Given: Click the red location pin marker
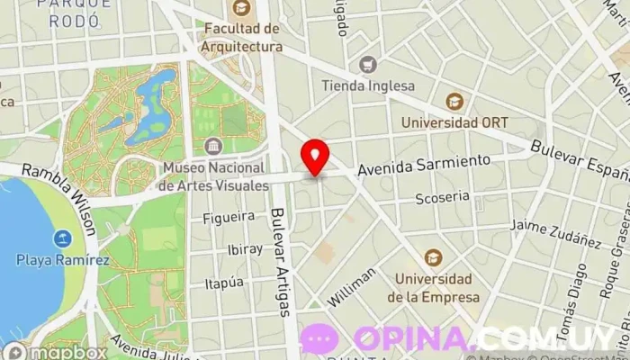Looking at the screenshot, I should click(x=315, y=157).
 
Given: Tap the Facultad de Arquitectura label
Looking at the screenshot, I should click(x=241, y=38).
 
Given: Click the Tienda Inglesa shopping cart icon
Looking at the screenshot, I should click(x=367, y=65).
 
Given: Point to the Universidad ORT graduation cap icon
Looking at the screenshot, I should click(x=454, y=101).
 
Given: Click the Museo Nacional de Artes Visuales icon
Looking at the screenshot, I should click(x=213, y=146).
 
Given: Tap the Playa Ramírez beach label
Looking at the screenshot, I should click(x=62, y=261).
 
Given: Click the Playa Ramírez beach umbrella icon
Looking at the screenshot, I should click(x=62, y=239).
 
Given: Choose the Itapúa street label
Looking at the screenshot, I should click(x=224, y=283).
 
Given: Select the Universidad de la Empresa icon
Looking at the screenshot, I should click(x=433, y=257).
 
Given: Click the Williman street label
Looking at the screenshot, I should click(x=353, y=289).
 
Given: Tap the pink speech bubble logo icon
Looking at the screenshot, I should click(x=319, y=338).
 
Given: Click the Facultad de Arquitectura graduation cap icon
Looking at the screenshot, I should click(x=241, y=10).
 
